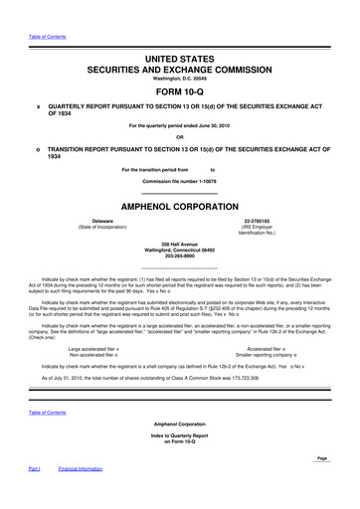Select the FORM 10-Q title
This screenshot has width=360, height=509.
click(180, 91)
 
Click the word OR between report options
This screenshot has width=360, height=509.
click(180, 137)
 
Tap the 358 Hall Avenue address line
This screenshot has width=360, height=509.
click(180, 244)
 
